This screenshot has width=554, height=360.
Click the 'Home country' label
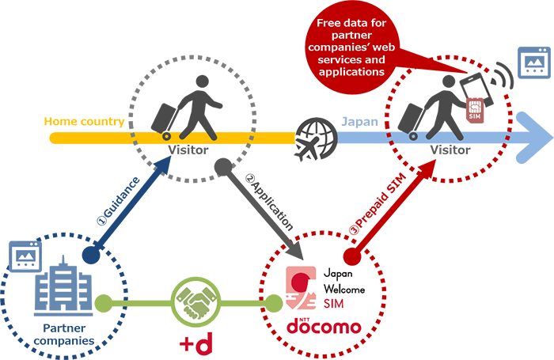click(84, 122)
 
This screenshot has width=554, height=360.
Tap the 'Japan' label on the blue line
click(360, 122)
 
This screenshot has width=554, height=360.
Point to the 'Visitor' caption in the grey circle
click(188, 150)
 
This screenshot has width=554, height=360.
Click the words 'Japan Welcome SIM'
click(343, 290)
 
